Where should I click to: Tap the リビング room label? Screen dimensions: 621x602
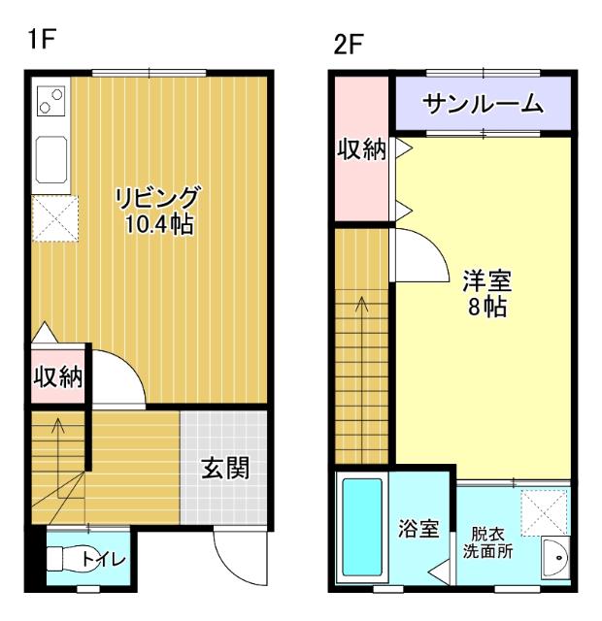[x=157, y=199]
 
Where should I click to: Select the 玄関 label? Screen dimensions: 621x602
[x=225, y=469]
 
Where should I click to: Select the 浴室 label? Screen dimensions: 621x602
[x=419, y=529]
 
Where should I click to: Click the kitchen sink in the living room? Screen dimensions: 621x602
[x=50, y=158]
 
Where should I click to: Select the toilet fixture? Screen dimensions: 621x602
[x=68, y=559]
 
